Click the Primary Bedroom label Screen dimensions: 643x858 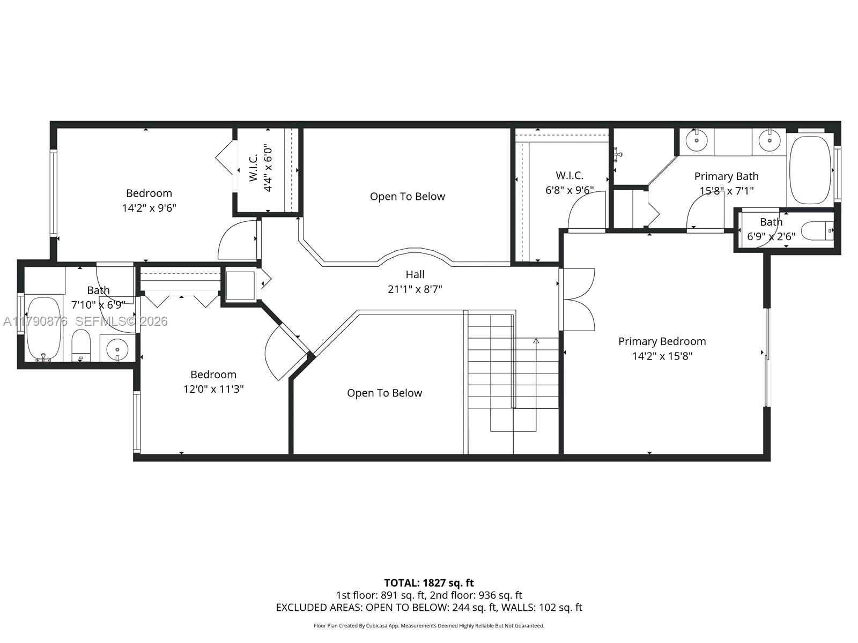pos(662,341)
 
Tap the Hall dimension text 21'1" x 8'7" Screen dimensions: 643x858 pos(415,289)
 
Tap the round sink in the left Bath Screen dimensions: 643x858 pos(117,349)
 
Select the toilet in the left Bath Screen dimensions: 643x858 pos(81,346)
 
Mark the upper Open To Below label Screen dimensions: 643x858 pos(407,197)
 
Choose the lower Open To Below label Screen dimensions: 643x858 pos(384,393)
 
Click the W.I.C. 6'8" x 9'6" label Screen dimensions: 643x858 pos(569,183)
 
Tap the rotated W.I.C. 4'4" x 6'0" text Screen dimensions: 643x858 pos(261,167)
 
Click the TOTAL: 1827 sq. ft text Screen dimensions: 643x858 pos(428,582)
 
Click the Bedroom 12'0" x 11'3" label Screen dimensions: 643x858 pos(213,382)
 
